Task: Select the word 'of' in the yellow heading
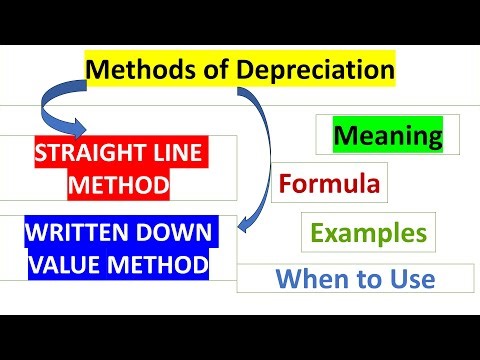pyautogui.click(x=195, y=72)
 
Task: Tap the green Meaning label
pyautogui.click(x=389, y=135)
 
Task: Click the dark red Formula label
pyautogui.click(x=329, y=184)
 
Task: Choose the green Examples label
pyautogui.click(x=368, y=234)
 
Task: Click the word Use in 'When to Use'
pyautogui.click(x=413, y=279)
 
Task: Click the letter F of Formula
pyautogui.click(x=287, y=184)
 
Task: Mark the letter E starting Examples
pyautogui.click(x=317, y=234)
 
